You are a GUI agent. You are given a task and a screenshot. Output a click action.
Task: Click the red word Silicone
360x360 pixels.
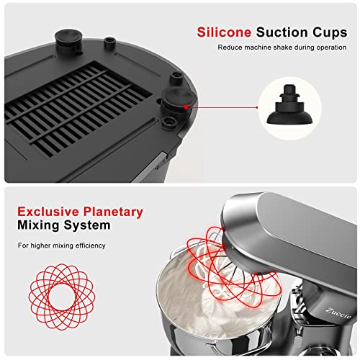pyautogui.click(x=221, y=32)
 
